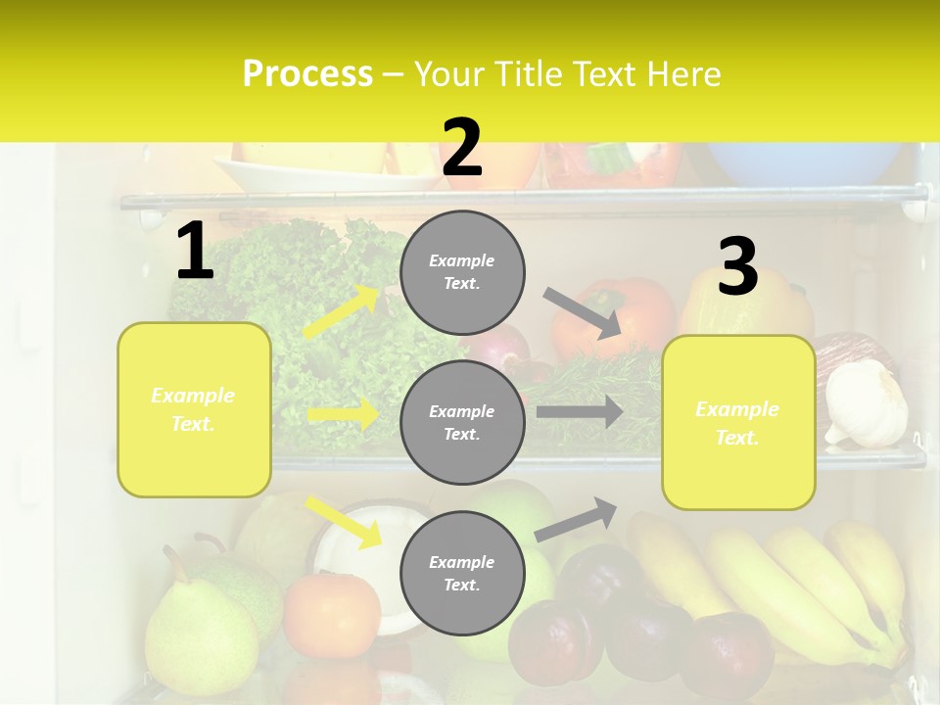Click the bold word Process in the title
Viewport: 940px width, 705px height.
pyautogui.click(x=307, y=73)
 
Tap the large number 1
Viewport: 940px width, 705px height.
pyautogui.click(x=195, y=252)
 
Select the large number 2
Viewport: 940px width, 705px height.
pyautogui.click(x=462, y=148)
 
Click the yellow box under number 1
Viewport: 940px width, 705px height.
pyautogui.click(x=194, y=409)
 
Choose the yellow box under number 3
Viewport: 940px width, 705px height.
pyautogui.click(x=738, y=422)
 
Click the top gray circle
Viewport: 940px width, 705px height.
pyautogui.click(x=462, y=272)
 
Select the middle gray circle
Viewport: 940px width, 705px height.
pyautogui.click(x=462, y=422)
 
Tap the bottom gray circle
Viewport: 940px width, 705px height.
pyautogui.click(x=462, y=573)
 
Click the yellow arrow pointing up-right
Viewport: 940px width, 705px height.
pyautogui.click(x=342, y=312)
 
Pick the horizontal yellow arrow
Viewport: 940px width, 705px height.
pyautogui.click(x=343, y=415)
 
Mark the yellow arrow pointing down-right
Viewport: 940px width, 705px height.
pyautogui.click(x=344, y=522)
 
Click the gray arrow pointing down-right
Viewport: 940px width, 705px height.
pyautogui.click(x=582, y=312)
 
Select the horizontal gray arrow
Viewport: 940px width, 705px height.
pyautogui.click(x=579, y=411)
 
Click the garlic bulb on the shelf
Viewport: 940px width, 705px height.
pyautogui.click(x=867, y=403)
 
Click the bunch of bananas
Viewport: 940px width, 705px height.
pyautogui.click(x=783, y=587)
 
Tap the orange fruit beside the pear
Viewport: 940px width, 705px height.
pyautogui.click(x=331, y=614)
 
